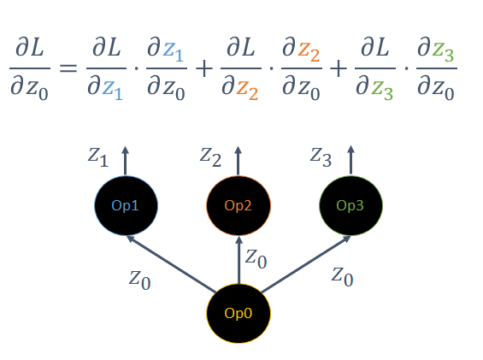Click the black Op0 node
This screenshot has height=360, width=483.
click(239, 313)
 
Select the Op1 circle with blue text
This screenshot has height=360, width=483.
click(126, 205)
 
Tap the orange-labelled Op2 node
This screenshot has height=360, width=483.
click(239, 205)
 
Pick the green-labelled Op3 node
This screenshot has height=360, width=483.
click(350, 205)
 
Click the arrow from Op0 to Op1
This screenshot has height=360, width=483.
click(171, 264)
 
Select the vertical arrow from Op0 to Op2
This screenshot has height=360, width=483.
click(239, 260)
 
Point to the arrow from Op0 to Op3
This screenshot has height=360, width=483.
click(305, 264)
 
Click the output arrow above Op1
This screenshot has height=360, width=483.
click(125, 161)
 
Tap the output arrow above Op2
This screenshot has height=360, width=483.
click(239, 161)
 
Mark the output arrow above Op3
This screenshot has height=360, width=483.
click(350, 161)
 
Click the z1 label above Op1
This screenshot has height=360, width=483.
click(98, 157)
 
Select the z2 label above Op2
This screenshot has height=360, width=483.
click(210, 157)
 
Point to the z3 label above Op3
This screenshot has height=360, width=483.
click(321, 157)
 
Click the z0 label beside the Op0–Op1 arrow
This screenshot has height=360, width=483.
click(139, 280)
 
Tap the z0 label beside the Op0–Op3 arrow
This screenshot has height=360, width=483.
click(342, 276)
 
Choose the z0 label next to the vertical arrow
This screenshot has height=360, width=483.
click(256, 258)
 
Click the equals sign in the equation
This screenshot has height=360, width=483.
click(68, 68)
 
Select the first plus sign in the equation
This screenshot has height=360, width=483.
click(204, 68)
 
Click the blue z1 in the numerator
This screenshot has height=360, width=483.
click(174, 51)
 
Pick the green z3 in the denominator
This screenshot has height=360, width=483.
click(382, 91)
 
